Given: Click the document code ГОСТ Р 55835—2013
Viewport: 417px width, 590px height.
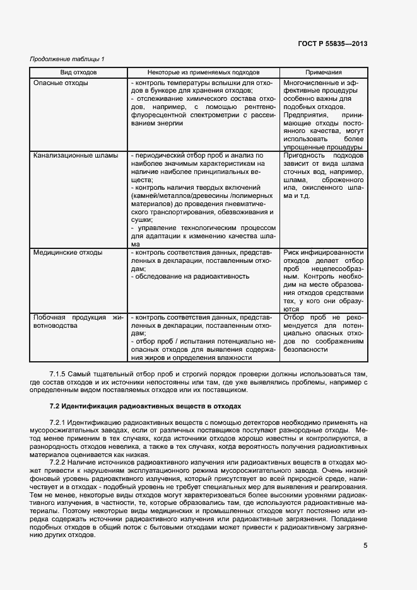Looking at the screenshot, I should pyautogui.click(x=332, y=43).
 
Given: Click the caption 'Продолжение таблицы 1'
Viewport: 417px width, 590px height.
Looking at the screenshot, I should pyautogui.click(x=68, y=59).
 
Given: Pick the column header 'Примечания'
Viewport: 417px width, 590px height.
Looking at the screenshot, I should pyautogui.click(x=323, y=73).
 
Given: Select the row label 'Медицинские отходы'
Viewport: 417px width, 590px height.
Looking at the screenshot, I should pyautogui.click(x=68, y=252).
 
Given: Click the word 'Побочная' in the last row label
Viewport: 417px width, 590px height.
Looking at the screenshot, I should pyautogui.click(x=49, y=318).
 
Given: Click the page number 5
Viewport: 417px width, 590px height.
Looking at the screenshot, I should pyautogui.click(x=365, y=546).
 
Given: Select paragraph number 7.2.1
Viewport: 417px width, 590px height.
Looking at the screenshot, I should pyautogui.click(x=59, y=422).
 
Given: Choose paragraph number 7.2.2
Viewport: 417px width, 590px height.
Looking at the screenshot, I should pyautogui.click(x=59, y=462).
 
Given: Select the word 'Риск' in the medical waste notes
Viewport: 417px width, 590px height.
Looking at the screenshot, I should pyautogui.click(x=293, y=252).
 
